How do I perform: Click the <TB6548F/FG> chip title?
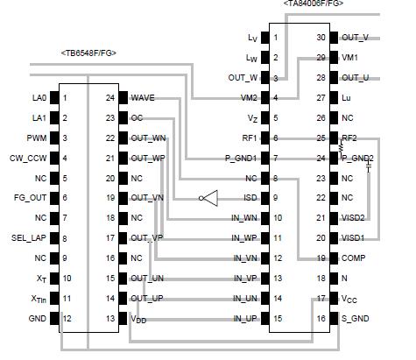click(x=88, y=53)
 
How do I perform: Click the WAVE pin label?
click(x=143, y=97)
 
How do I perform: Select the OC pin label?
click(x=137, y=117)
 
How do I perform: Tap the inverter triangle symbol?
click(x=208, y=199)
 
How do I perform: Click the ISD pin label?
click(x=250, y=198)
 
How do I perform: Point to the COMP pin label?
click(x=355, y=258)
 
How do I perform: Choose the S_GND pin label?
click(x=356, y=318)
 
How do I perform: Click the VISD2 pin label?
click(x=356, y=218)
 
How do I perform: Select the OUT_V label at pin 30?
click(x=355, y=38)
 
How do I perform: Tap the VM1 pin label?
click(x=350, y=57)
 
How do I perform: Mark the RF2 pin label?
click(x=349, y=138)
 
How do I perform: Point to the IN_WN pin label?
click(x=246, y=218)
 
